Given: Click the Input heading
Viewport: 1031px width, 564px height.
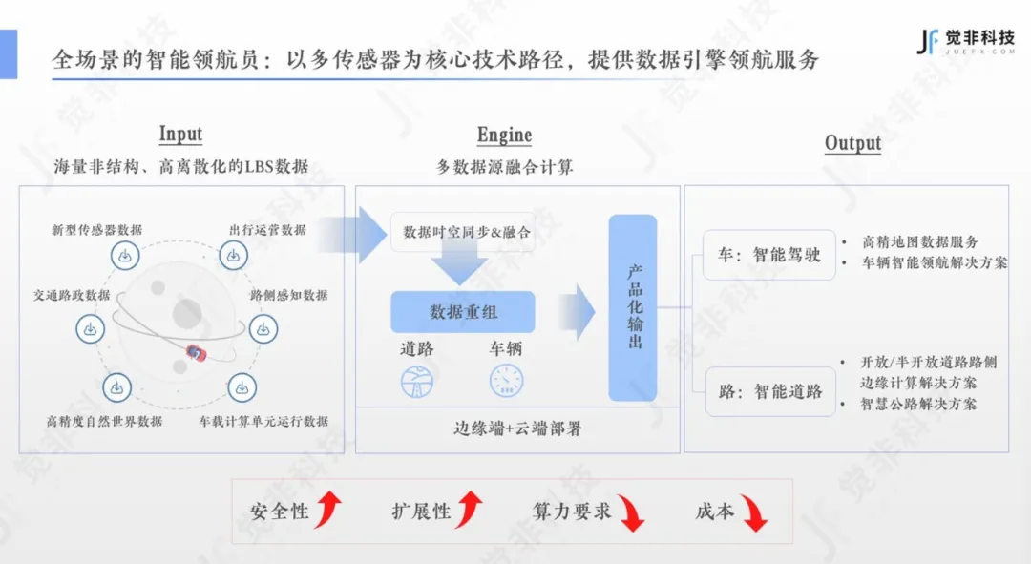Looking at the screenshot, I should click(180, 134).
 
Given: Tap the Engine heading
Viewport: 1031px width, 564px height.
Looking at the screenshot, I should click(504, 136).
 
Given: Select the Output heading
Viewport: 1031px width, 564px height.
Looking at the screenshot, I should click(852, 143).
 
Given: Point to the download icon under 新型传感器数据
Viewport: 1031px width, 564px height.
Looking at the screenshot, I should click(124, 256).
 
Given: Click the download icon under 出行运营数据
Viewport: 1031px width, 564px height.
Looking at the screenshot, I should click(234, 256).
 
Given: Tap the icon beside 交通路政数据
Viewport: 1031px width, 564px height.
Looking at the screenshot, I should click(91, 328).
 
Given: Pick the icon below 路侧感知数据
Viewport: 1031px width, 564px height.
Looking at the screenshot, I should click(263, 329).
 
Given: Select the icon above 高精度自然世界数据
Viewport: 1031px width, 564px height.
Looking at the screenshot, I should click(117, 388).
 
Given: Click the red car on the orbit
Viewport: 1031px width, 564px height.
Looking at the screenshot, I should click(197, 353).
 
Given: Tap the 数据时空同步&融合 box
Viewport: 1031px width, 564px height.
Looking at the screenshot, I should click(462, 232).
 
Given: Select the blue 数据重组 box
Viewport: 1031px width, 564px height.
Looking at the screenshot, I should click(463, 312).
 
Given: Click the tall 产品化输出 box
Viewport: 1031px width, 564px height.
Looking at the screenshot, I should click(633, 307).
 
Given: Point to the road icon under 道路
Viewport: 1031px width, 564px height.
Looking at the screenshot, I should click(418, 382).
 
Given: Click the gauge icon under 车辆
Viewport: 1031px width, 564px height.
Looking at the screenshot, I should click(506, 382).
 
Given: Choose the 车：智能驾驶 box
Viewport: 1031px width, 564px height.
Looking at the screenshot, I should click(769, 255).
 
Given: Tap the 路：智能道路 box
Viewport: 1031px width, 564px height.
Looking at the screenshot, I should click(769, 391).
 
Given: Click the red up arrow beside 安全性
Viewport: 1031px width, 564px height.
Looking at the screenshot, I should click(327, 510).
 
